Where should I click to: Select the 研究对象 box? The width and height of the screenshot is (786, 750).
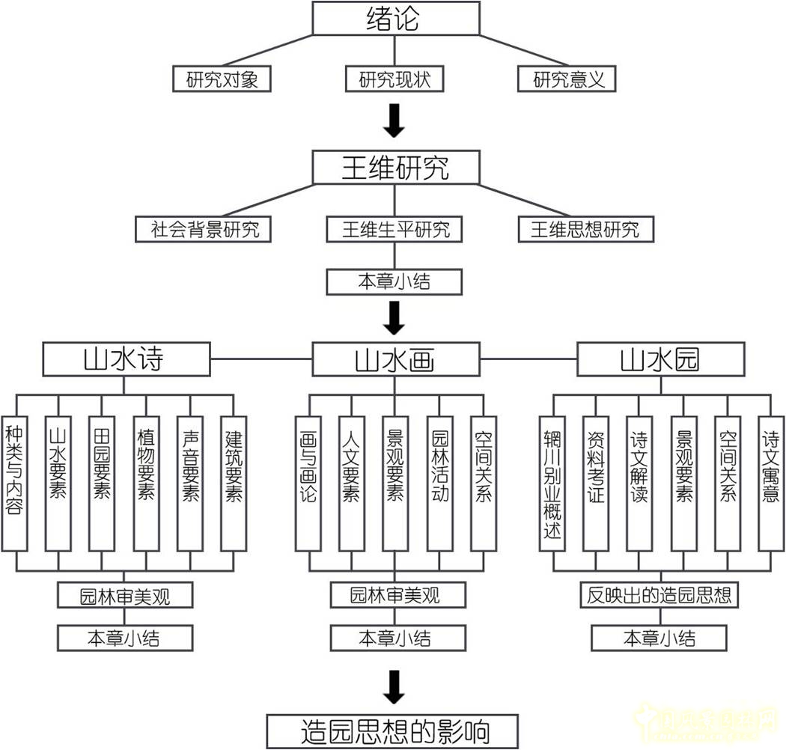tap(222, 79)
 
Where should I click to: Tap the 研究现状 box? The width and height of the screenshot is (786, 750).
tap(394, 79)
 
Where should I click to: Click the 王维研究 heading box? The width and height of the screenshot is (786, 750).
tap(394, 168)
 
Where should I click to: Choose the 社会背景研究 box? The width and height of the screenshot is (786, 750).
tap(204, 229)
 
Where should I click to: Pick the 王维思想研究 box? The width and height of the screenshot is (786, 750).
tap(585, 229)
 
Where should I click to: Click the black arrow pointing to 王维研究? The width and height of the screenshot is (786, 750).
tap(394, 121)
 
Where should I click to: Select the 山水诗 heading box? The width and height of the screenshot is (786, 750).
tap(124, 360)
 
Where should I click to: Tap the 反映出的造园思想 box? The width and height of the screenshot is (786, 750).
tap(659, 596)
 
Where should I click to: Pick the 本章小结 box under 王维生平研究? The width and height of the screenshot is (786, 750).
tap(394, 281)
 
